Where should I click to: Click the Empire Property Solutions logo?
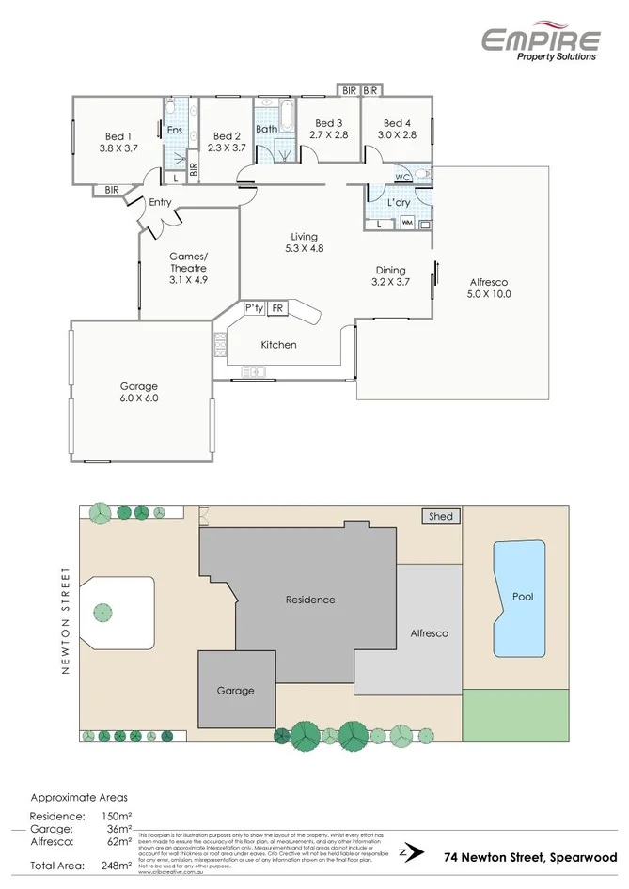tap(540, 42)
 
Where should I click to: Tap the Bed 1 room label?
tap(118, 135)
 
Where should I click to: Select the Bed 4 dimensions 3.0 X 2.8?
tap(397, 135)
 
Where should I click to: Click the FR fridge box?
tap(277, 308)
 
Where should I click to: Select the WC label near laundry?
tap(401, 177)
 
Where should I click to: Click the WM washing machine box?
tap(407, 224)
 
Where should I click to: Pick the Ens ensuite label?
tap(175, 131)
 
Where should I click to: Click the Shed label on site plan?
tap(440, 516)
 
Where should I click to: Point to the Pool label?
tap(522, 597)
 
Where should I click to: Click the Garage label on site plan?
tap(235, 690)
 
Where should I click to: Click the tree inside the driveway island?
tap(100, 613)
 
